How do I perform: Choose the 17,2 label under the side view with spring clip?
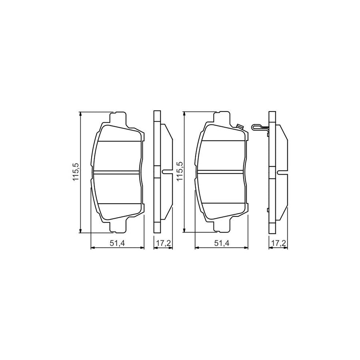tap(276, 243)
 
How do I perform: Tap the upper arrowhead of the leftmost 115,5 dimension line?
tap(81, 114)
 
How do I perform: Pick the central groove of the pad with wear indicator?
tap(221, 172)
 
